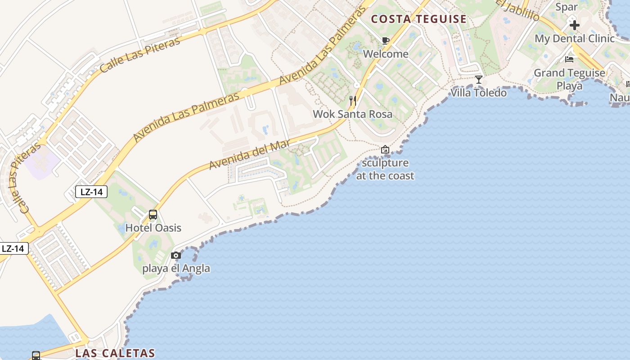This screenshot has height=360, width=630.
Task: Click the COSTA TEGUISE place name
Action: click(x=418, y=19)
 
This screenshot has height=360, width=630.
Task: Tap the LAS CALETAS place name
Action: click(x=115, y=353)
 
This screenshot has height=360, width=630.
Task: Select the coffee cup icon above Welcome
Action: click(x=386, y=41)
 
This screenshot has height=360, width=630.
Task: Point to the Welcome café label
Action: click(x=386, y=54)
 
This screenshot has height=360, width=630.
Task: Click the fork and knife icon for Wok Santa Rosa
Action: click(x=353, y=101)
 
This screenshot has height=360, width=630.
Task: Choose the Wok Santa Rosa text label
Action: click(x=353, y=114)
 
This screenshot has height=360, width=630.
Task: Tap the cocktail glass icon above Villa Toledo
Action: click(x=479, y=80)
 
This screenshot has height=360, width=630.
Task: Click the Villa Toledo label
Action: click(x=479, y=93)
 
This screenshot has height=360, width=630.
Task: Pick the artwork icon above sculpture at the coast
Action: click(x=385, y=149)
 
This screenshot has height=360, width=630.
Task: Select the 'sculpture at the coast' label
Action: click(x=385, y=169)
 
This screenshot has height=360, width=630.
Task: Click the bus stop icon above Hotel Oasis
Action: click(x=153, y=215)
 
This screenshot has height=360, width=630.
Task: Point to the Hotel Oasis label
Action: click(x=153, y=228)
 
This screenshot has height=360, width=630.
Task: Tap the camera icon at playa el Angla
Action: click(x=176, y=256)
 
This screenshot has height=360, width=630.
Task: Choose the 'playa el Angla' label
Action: click(x=176, y=269)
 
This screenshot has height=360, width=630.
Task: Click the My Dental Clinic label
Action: click(x=574, y=39)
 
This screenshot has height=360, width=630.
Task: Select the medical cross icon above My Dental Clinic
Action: click(x=574, y=25)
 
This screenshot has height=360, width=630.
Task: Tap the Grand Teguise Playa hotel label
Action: click(x=569, y=79)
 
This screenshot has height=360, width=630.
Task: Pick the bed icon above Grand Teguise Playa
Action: click(x=569, y=59)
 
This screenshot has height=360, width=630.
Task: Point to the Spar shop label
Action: click(x=566, y=7)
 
